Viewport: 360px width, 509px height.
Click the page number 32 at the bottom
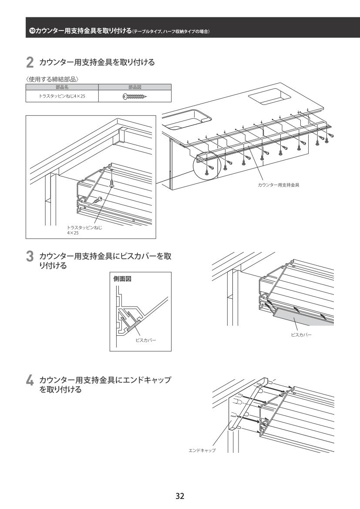[180, 496]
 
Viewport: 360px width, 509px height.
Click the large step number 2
[30, 63]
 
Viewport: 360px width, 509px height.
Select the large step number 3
[30, 257]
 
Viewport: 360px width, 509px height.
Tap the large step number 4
[30, 381]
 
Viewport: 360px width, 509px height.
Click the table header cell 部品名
[62, 87]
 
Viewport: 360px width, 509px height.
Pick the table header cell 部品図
[135, 87]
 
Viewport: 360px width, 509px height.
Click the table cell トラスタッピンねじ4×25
[62, 96]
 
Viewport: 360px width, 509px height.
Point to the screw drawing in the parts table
[135, 96]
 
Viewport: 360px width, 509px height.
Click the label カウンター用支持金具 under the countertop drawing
[279, 185]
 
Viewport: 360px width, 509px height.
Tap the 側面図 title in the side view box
[122, 279]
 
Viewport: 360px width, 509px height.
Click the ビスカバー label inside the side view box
[146, 340]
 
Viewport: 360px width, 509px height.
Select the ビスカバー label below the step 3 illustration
[301, 335]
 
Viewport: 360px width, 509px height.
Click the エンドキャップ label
[202, 450]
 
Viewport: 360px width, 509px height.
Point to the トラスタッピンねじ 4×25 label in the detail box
[84, 230]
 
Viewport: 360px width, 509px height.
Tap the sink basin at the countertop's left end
[186, 119]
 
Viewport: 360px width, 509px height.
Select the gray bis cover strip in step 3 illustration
[303, 317]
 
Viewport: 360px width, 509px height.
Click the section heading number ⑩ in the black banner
[32, 31]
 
